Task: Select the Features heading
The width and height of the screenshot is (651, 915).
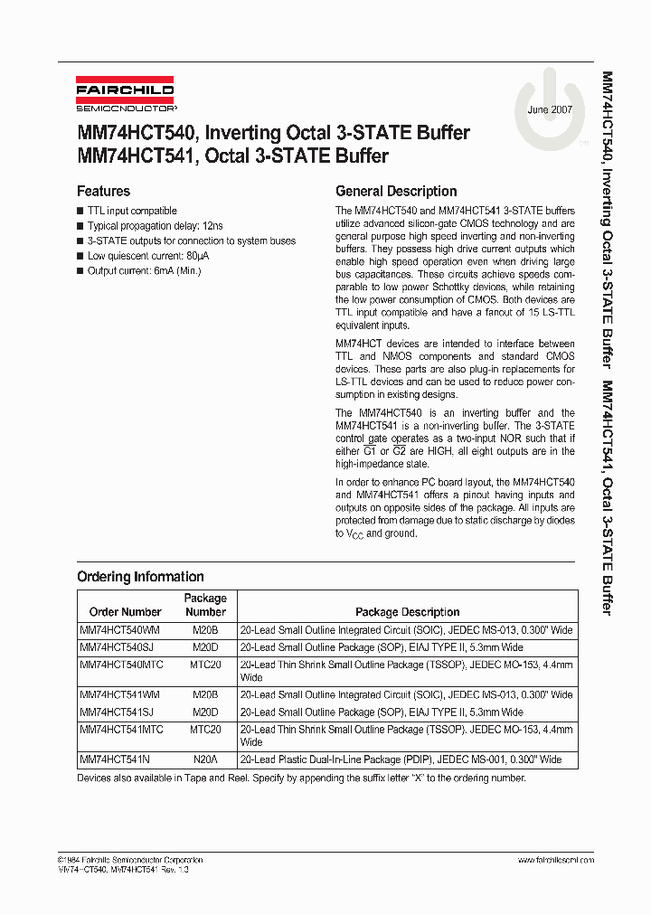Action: (103, 192)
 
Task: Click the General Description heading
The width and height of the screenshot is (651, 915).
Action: (396, 192)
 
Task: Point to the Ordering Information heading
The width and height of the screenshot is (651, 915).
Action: (140, 577)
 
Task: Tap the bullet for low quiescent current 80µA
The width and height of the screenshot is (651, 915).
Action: (151, 256)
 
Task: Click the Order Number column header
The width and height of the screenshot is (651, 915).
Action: (125, 612)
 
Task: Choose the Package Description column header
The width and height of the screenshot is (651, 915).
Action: (407, 612)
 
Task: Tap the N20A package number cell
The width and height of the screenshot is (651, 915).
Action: (205, 760)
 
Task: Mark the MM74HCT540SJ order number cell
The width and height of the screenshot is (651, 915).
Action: (118, 647)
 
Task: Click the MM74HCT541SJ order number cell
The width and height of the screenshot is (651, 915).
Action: (118, 712)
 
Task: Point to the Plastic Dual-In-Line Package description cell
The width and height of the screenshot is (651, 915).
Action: (400, 760)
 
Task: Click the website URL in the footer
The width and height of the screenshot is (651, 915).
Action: (555, 860)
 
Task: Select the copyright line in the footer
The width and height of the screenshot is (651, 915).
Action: (130, 860)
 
